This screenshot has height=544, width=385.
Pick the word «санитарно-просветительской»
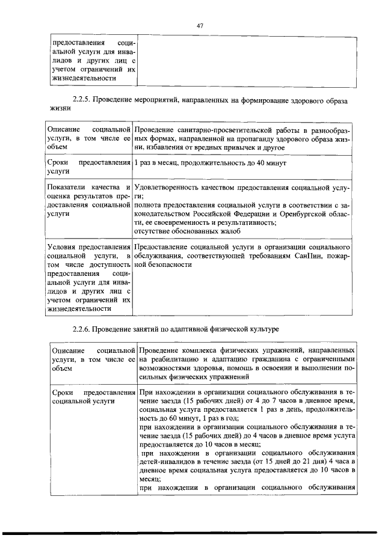click(212, 130)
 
